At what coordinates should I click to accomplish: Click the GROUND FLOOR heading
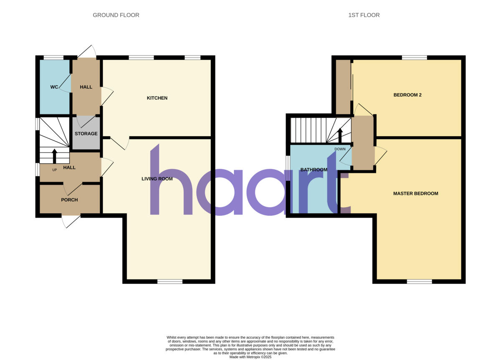(116, 15)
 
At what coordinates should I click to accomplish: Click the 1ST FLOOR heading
(364, 15)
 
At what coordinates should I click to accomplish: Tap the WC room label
(54, 87)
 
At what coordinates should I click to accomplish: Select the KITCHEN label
(157, 98)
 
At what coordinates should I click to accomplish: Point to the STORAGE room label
(86, 134)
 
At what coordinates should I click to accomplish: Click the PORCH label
(69, 200)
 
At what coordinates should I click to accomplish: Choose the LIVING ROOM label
(157, 179)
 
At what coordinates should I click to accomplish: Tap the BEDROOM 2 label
(407, 95)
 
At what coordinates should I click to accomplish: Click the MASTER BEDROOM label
(415, 193)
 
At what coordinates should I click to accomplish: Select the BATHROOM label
(314, 170)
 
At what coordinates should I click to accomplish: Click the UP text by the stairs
(54, 170)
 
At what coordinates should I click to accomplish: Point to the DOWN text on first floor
(340, 149)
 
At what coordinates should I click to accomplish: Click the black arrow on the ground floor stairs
(54, 156)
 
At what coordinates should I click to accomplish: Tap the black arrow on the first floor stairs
(340, 135)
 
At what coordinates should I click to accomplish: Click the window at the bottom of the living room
(170, 281)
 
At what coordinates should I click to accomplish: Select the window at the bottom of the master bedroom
(419, 281)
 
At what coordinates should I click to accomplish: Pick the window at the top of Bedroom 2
(415, 58)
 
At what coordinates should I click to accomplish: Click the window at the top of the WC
(53, 58)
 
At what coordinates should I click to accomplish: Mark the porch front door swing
(67, 222)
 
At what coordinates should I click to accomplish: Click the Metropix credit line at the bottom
(250, 357)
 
